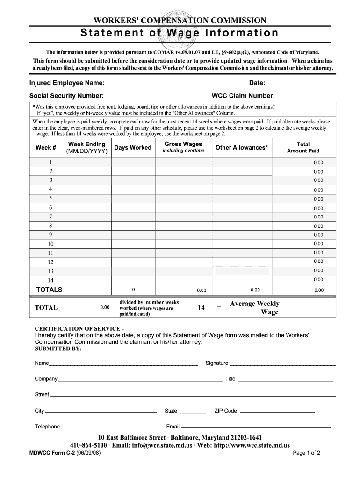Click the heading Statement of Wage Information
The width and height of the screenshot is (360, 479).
click(180, 33)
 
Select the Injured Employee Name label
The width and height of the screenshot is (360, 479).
click(67, 83)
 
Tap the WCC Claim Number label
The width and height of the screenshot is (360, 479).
click(243, 96)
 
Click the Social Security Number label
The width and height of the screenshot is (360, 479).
click(66, 96)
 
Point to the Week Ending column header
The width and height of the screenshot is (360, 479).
click(86, 148)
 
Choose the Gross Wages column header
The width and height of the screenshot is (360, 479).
click(183, 147)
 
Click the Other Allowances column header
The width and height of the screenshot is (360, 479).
click(241, 148)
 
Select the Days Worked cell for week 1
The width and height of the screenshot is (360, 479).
click(133, 162)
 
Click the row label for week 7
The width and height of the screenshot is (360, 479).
click(50, 217)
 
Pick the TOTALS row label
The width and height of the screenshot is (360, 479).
click(49, 290)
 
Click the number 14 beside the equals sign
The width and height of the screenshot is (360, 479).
click(201, 308)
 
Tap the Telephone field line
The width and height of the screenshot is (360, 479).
click(109, 427)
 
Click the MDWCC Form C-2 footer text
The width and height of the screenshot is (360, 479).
click(63, 453)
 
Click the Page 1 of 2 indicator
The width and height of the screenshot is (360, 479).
click(306, 453)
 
